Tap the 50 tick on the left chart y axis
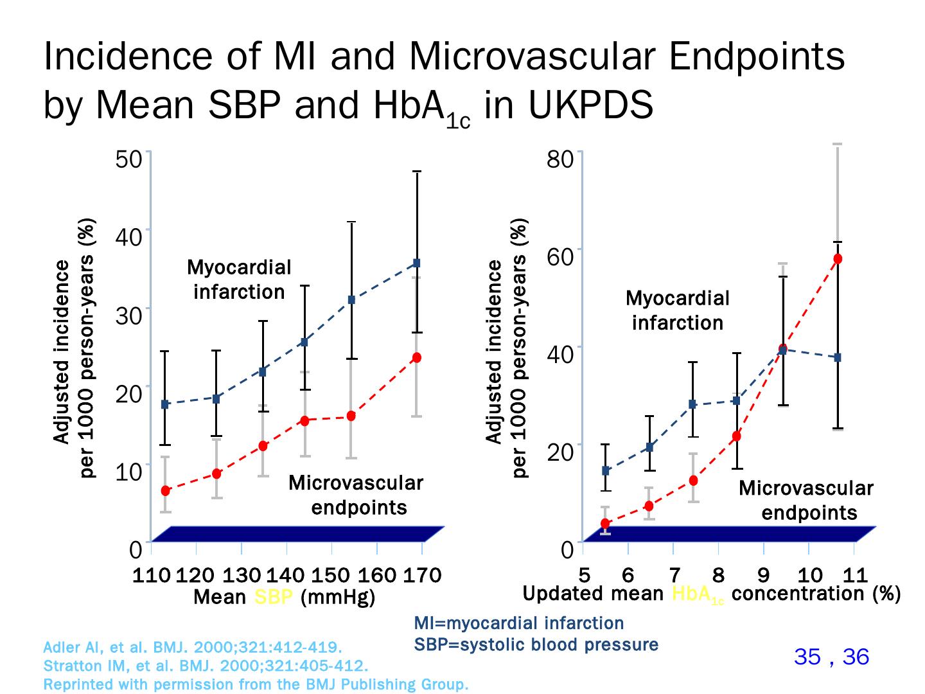click(128, 159)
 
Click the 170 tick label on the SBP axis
click(422, 574)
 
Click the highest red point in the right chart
click(837, 259)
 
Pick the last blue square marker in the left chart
click(416, 263)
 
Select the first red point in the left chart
click(165, 491)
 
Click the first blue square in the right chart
click(605, 470)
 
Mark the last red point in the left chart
click(416, 358)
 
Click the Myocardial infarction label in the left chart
click(239, 280)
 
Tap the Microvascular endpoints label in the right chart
click(806, 500)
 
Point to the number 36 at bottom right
click(856, 656)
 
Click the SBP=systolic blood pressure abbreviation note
click(536, 645)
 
